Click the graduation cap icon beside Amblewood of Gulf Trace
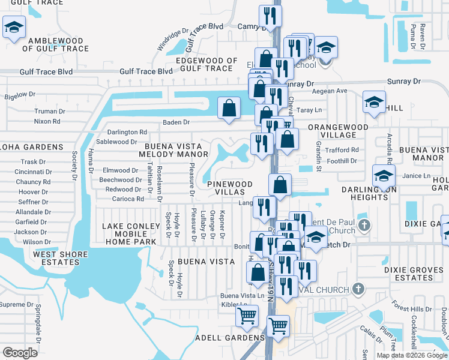tap(14, 28)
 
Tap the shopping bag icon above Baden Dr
tap(229, 109)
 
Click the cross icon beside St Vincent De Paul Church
tap(363, 226)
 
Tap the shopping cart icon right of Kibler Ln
tap(247, 316)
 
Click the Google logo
tap(20, 353)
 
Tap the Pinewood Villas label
tap(226, 187)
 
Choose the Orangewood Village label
tap(337, 131)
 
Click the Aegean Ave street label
tap(333, 91)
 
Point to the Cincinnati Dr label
tap(34, 172)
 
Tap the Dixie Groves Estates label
tap(413, 274)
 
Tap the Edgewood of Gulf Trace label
tap(206, 64)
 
